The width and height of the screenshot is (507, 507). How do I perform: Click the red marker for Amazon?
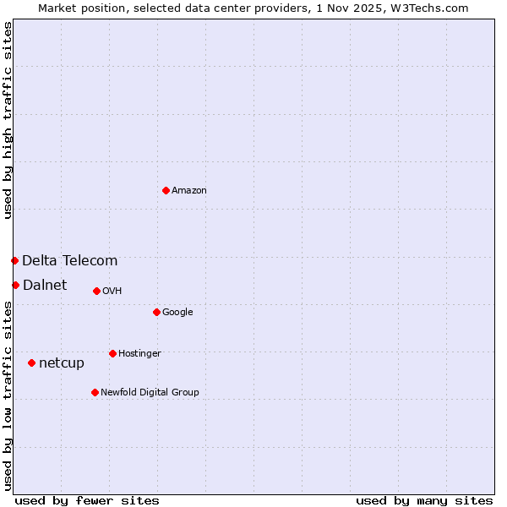pos(166,190)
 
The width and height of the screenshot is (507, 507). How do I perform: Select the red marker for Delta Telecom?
pos(14,260)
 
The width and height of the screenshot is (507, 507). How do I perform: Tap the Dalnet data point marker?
pos(15,285)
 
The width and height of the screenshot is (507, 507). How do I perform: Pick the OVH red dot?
pos(96,291)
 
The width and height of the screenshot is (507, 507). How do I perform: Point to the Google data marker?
pos(156,312)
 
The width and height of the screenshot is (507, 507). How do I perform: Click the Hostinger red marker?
pos(112,353)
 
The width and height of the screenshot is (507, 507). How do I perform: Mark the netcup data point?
pos(31,363)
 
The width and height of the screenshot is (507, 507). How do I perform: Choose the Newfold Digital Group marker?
pos(95,392)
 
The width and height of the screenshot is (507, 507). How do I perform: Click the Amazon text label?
pos(189,191)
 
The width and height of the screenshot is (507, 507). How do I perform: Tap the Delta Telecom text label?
pos(70,261)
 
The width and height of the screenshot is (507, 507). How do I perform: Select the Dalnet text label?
pos(45,286)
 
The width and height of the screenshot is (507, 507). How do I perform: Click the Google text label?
pos(177,313)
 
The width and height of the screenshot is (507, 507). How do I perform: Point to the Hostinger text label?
pos(139,354)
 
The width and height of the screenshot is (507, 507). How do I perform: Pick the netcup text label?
pos(62,363)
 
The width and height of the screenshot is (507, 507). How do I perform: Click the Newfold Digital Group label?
pos(150,393)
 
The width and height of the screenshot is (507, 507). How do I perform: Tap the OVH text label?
pos(112,292)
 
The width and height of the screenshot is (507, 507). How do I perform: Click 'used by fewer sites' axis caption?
pos(87,500)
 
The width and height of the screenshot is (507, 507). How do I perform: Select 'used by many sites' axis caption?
pos(424,500)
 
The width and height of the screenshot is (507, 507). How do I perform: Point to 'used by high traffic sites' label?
pos(8,120)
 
